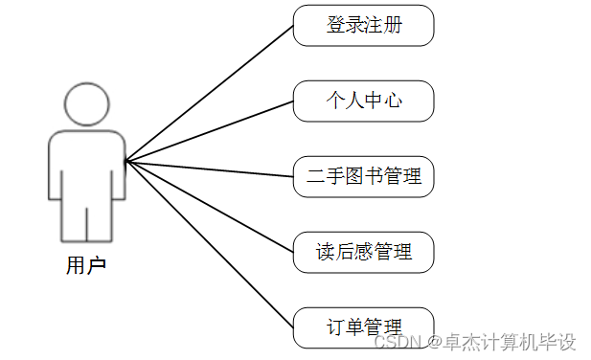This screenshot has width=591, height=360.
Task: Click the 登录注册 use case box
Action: point(363,26)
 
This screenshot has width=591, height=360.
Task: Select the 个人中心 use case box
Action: point(363,101)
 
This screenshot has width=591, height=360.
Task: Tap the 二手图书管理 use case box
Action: point(363,177)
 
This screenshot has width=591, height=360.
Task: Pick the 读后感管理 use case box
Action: point(363,253)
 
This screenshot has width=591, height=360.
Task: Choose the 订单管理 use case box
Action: point(363,327)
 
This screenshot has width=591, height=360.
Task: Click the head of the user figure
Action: point(87,102)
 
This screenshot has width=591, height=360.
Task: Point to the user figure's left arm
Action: point(55,168)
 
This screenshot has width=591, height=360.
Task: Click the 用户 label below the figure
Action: point(86,265)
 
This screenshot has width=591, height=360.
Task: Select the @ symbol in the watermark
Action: point(434,342)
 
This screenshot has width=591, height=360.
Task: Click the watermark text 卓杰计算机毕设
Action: point(508,342)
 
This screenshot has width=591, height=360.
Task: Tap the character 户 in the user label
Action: point(96,265)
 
